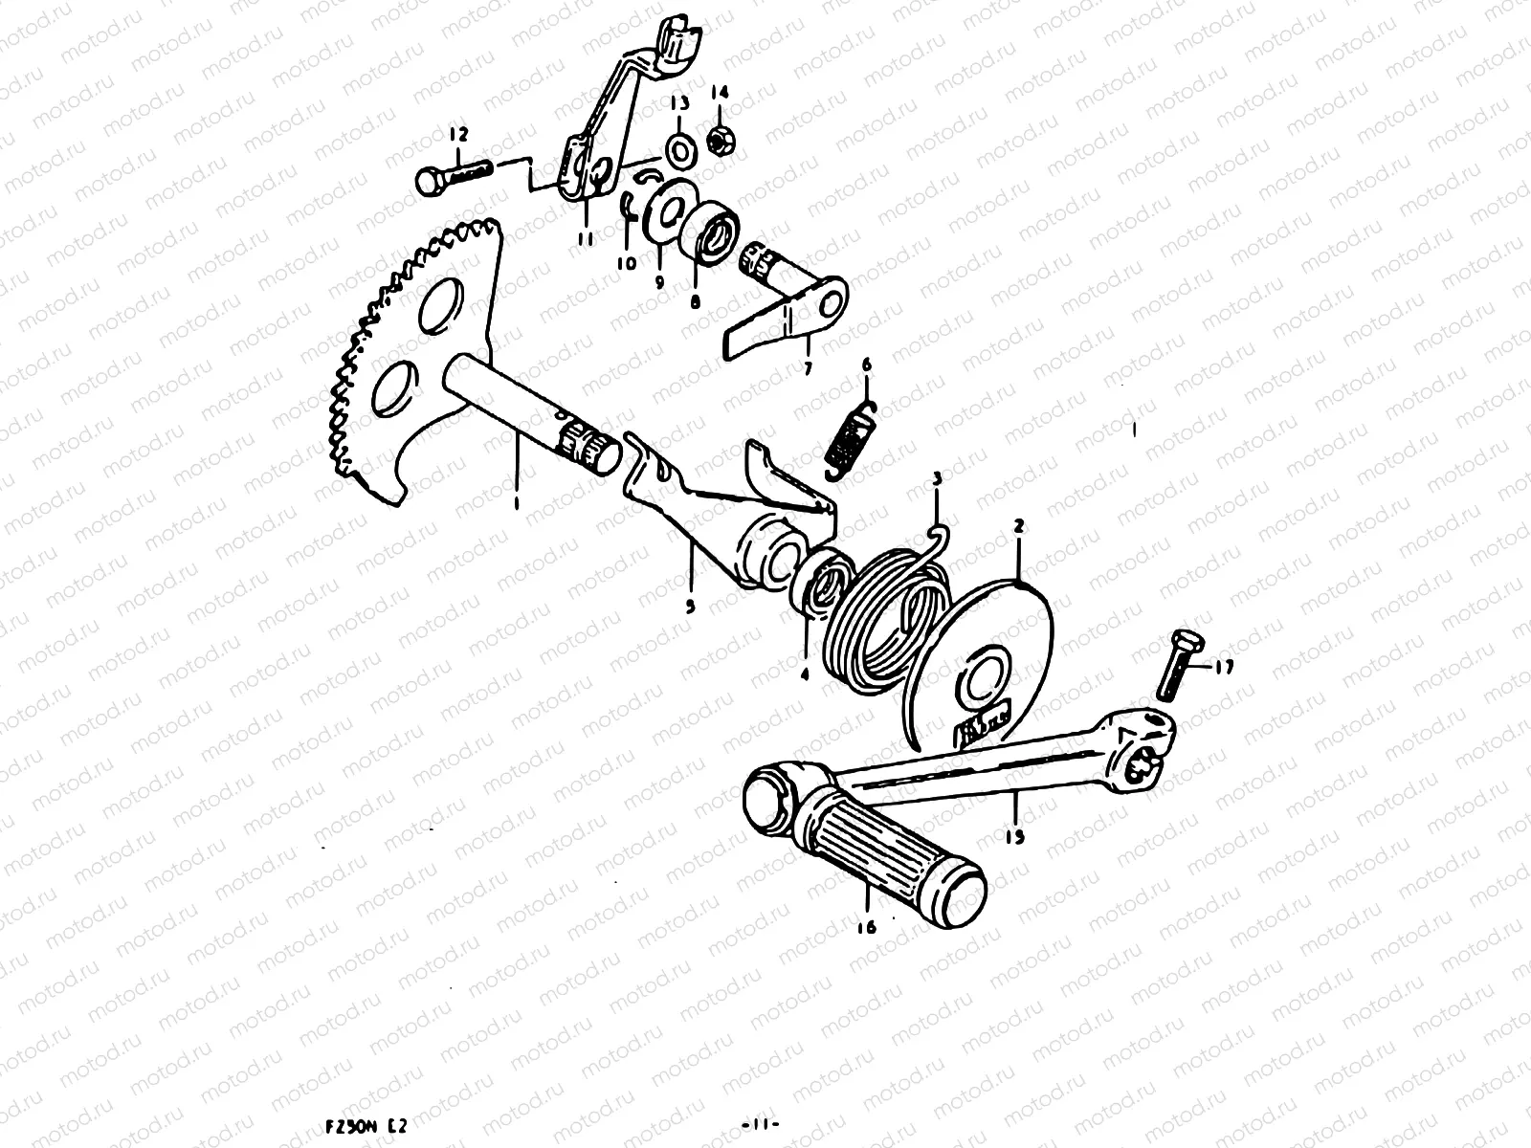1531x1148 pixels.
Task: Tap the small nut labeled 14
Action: click(719, 142)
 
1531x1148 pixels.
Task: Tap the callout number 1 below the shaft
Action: click(516, 500)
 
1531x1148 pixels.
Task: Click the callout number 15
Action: click(1015, 836)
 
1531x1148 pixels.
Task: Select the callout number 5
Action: click(690, 606)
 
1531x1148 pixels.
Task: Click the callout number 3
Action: click(937, 476)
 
